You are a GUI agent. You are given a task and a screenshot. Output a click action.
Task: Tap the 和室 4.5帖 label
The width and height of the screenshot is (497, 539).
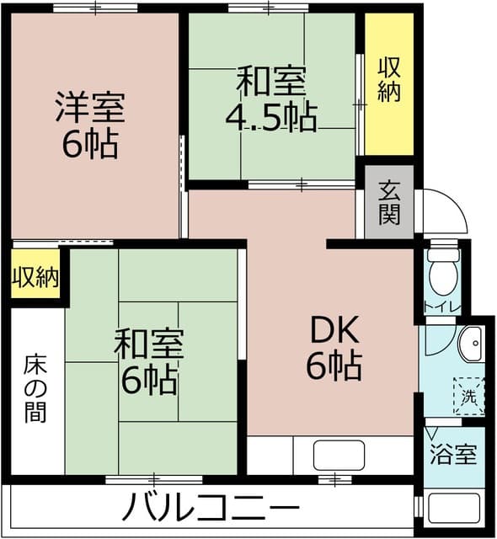[270, 100]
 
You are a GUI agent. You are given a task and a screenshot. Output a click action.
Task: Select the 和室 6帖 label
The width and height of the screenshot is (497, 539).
[149, 361]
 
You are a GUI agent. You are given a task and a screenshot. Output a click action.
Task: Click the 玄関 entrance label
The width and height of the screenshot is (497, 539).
[388, 203]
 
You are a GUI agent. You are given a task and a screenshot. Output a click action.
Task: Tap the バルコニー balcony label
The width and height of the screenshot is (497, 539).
[211, 508]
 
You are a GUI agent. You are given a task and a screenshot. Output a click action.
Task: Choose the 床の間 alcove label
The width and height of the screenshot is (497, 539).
[35, 388]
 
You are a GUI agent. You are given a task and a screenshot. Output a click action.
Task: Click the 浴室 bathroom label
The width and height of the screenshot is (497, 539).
[454, 456]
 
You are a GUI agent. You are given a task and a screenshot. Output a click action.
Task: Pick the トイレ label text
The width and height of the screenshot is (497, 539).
[441, 307]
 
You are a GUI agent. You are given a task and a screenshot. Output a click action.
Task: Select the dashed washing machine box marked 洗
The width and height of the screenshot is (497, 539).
[468, 393]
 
